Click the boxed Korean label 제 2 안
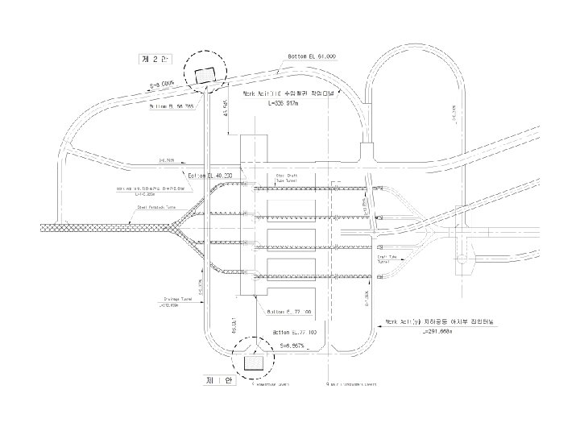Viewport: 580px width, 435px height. pos(152,59)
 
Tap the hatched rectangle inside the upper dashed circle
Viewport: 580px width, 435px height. pos(206,75)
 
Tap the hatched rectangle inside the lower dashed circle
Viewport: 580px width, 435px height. pos(253,364)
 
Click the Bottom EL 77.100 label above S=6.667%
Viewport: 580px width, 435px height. pos(294,332)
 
